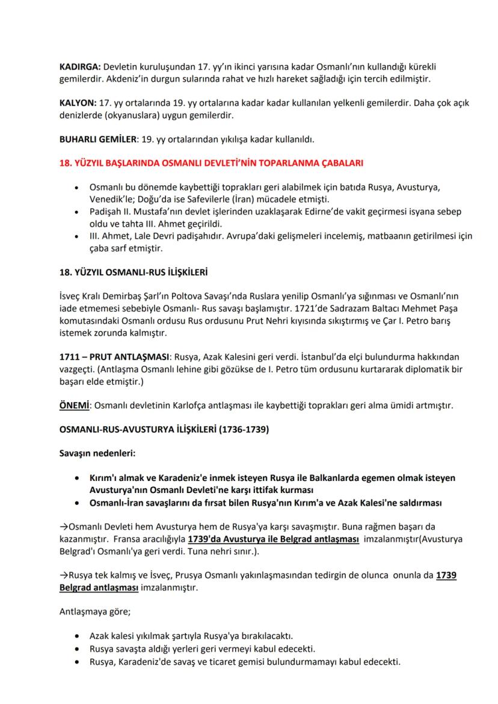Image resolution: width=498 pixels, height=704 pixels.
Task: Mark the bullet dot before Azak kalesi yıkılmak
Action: (x=76, y=635)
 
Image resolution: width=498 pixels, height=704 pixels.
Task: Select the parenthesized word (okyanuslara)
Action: (x=128, y=115)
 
